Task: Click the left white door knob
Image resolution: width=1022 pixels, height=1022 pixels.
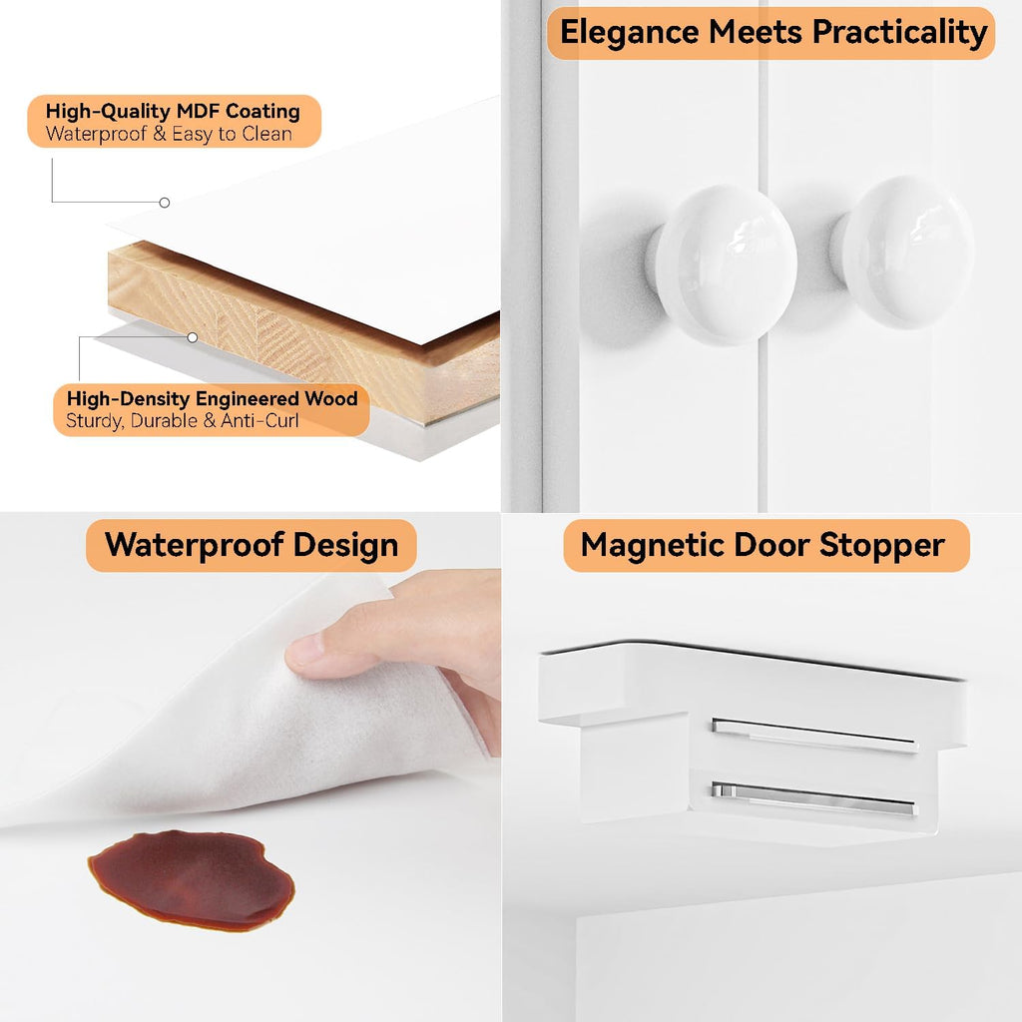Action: tap(723, 263)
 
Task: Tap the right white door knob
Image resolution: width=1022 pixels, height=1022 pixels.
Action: tap(902, 252)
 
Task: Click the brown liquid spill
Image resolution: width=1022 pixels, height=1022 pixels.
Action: tap(191, 879)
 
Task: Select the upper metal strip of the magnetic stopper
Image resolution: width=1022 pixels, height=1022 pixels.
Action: tap(814, 736)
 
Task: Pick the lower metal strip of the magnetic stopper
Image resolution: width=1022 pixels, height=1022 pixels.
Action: tap(814, 799)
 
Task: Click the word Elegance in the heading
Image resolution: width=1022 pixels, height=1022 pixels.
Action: tap(629, 33)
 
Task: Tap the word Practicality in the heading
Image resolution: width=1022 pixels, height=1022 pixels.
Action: tap(900, 33)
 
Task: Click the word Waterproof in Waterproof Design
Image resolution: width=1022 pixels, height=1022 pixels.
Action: tap(194, 546)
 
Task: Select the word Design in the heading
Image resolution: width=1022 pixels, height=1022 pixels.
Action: tap(345, 546)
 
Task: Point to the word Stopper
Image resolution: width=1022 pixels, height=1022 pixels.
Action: tap(882, 546)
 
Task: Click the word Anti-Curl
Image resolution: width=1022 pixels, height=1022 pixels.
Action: tap(259, 420)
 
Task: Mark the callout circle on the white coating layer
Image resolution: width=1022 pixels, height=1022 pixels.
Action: tap(165, 203)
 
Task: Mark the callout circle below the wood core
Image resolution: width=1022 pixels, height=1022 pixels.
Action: tap(193, 337)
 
